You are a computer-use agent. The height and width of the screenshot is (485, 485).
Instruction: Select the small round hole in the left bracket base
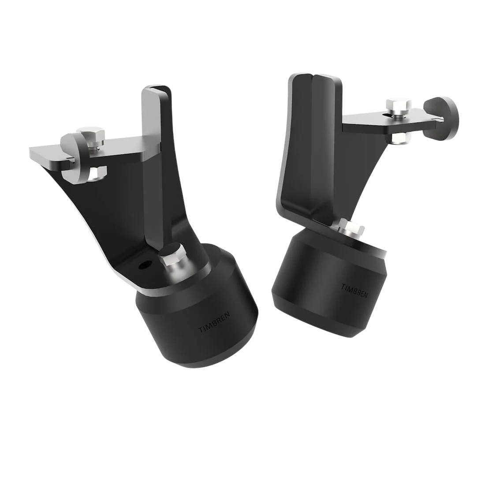(x=143, y=266)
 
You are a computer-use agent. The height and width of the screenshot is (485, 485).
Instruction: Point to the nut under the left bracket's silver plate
(x=96, y=173)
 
